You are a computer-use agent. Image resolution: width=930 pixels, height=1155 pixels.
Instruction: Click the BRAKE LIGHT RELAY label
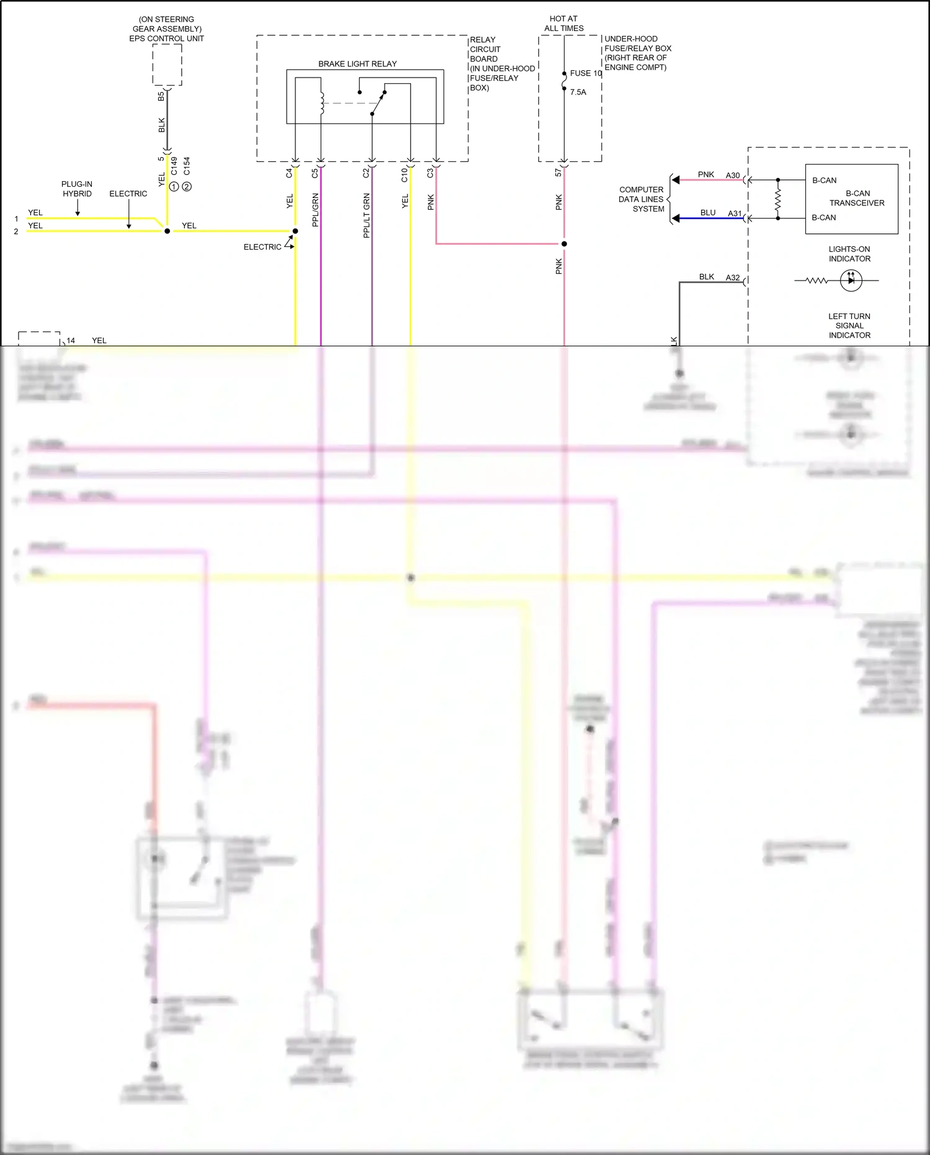tap(357, 64)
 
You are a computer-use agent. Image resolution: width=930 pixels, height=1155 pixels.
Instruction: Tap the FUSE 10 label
tap(586, 73)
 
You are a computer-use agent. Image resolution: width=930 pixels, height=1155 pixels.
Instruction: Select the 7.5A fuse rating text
tap(578, 92)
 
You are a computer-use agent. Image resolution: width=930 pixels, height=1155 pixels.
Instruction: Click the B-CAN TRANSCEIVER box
tap(851, 199)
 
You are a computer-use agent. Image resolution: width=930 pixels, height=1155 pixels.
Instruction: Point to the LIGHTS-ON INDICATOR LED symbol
tap(851, 281)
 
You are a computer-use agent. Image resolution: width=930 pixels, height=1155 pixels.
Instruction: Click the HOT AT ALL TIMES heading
tap(564, 24)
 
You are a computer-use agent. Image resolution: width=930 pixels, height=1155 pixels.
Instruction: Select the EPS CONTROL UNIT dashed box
tap(167, 65)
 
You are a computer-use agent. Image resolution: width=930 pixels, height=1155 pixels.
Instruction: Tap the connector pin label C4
tap(289, 173)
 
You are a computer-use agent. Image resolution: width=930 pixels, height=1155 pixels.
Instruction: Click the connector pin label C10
tap(405, 174)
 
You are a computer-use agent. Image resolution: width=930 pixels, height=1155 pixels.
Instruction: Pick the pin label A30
tap(733, 176)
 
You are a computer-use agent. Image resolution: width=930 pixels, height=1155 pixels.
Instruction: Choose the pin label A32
tap(733, 278)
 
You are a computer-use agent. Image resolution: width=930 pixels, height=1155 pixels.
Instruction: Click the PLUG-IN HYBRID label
tap(77, 189)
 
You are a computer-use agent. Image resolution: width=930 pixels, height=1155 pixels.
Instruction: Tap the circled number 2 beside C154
tap(187, 186)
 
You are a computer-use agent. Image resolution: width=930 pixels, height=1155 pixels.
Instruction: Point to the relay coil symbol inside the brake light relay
tap(321, 103)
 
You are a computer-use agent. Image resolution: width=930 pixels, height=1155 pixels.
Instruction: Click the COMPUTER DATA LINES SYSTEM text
tap(641, 199)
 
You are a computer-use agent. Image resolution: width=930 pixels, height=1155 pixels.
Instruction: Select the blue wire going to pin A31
tap(711, 218)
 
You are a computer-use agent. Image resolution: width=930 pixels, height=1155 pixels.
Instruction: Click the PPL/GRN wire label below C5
tap(315, 210)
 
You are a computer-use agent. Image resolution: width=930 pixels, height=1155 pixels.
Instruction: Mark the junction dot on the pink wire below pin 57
tap(564, 244)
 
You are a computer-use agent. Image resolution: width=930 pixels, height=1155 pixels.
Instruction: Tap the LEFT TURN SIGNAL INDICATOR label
tap(849, 326)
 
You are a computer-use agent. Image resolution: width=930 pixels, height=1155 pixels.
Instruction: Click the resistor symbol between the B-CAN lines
tap(778, 199)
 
